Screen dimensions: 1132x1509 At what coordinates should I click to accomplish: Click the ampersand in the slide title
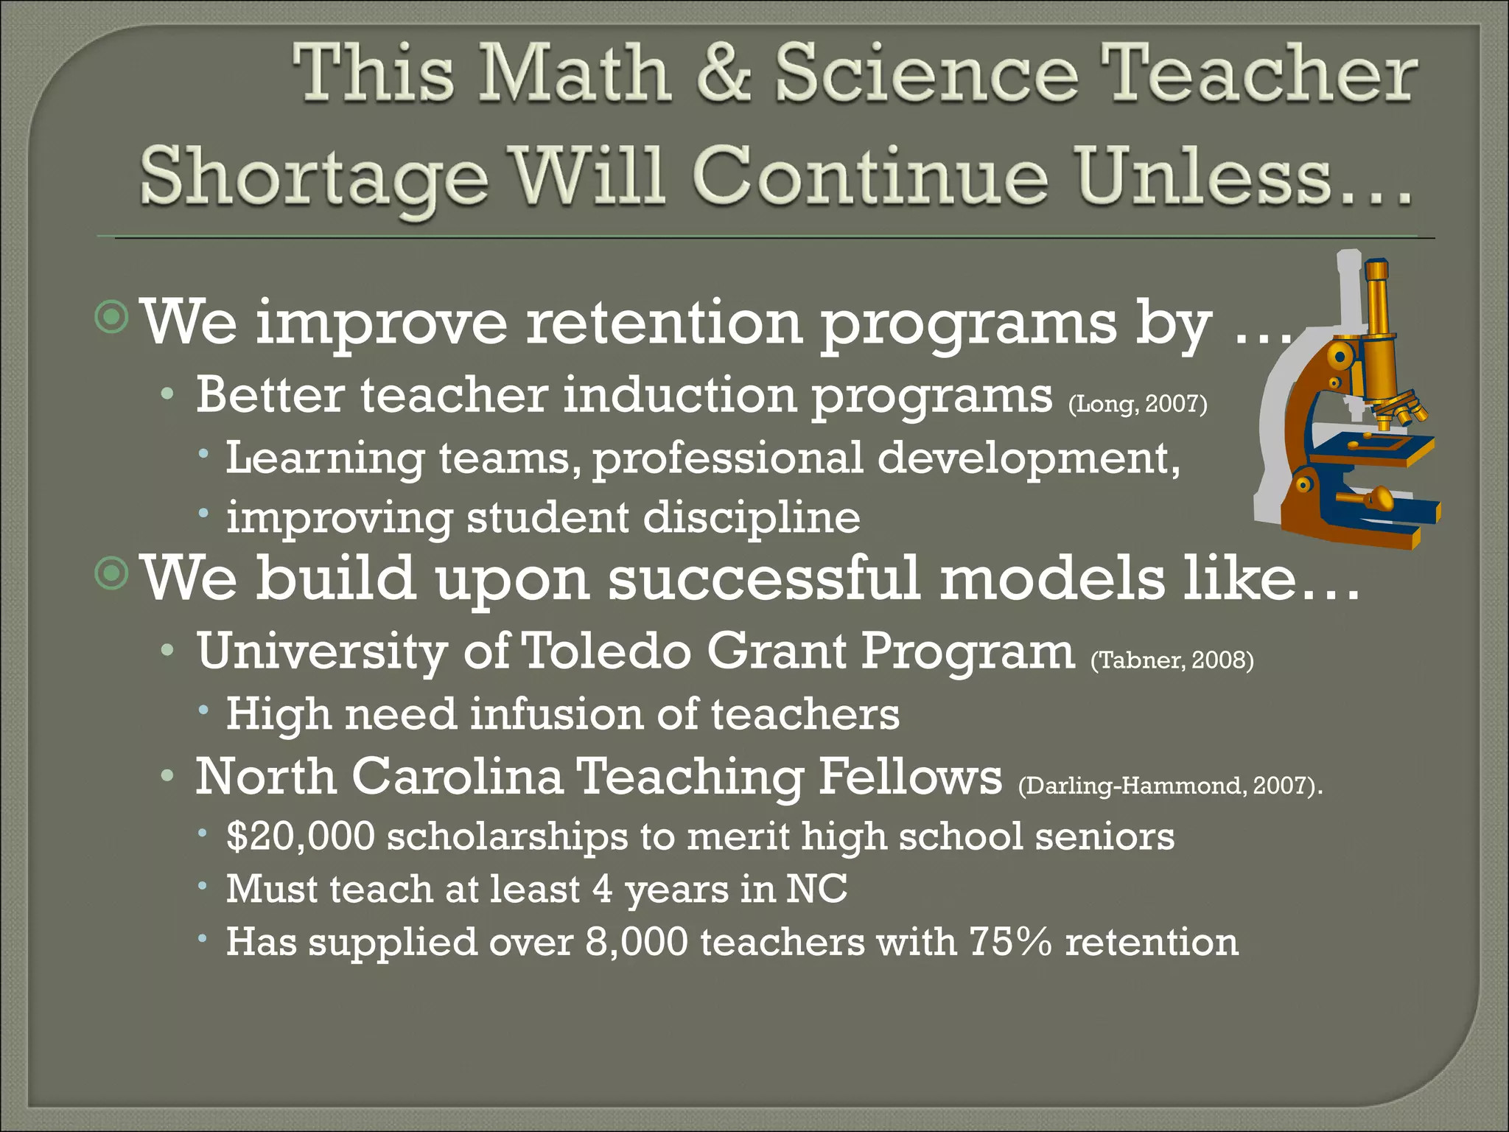(x=724, y=74)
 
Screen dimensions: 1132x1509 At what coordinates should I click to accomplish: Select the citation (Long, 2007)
(x=1138, y=404)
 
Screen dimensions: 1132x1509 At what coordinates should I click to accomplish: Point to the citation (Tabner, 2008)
(x=1172, y=659)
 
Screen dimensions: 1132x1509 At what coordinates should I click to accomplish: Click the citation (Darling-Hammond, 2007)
(x=1169, y=785)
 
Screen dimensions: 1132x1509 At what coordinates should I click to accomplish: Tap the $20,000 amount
(x=301, y=836)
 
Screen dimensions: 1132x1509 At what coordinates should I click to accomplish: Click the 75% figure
(x=1010, y=941)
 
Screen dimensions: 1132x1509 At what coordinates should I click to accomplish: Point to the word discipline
(x=752, y=517)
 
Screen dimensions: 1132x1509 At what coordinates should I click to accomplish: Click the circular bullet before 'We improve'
(x=112, y=316)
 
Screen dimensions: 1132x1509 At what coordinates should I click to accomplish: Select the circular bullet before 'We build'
(x=112, y=573)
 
